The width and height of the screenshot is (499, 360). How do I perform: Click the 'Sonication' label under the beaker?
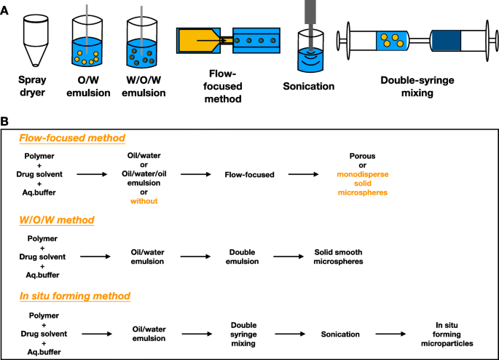tap(309, 86)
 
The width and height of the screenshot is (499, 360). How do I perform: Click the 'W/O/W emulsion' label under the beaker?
tap(143, 86)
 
